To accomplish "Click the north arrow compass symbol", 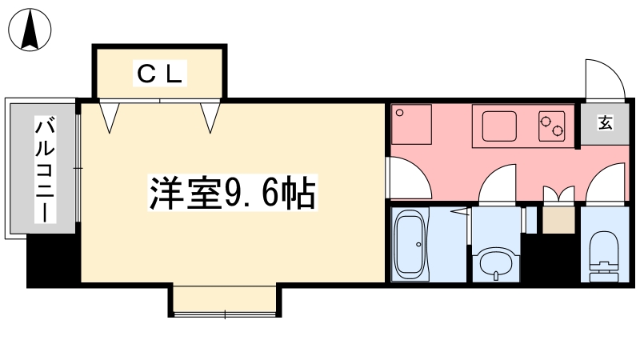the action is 30,30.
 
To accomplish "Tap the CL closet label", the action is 159,74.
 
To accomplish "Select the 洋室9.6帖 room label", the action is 233,193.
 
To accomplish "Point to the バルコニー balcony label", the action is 45,169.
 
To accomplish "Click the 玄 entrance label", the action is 606,122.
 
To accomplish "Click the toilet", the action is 605,256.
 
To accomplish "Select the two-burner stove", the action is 552,126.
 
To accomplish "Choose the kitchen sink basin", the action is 499,126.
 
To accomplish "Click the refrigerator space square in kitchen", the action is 411,125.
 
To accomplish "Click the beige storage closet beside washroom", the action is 558,220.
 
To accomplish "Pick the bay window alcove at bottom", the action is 225,299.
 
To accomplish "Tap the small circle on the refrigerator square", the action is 399,113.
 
